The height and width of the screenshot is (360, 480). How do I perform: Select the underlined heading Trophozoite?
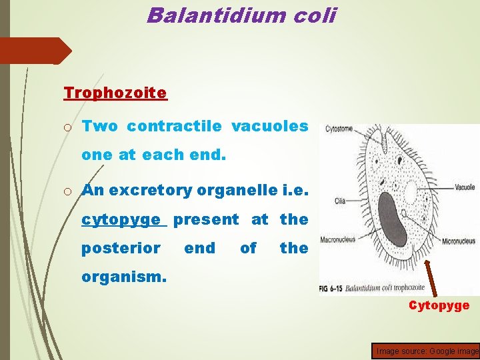115,93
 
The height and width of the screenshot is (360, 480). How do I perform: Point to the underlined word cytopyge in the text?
121,219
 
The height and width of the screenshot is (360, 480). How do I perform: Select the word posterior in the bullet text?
121,249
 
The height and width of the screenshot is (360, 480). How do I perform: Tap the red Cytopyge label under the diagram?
439,305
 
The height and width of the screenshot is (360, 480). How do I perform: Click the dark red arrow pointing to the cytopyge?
427,273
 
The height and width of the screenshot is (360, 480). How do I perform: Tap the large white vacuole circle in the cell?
411,193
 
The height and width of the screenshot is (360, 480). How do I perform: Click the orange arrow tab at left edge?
33,51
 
